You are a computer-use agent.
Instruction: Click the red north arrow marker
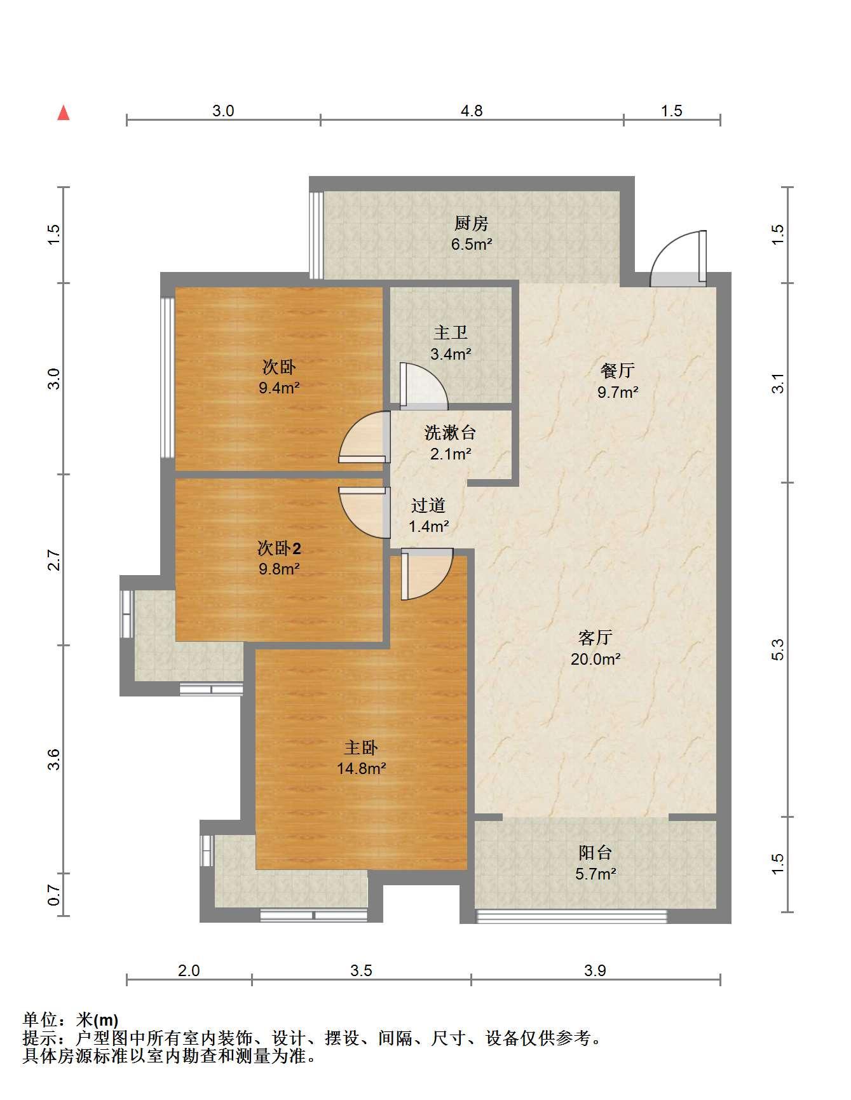[63, 113]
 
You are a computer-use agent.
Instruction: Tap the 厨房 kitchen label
[471, 224]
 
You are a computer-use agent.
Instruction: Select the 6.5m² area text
[472, 244]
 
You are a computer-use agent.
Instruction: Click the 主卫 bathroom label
[451, 333]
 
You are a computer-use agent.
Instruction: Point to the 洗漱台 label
[450, 433]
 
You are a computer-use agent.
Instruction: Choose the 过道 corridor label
[428, 506]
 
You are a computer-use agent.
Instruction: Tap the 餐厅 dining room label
[618, 370]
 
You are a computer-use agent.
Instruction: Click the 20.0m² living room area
[596, 659]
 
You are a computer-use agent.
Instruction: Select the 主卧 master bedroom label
[361, 747]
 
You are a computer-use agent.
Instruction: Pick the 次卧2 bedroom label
[279, 548]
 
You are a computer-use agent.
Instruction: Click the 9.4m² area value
[279, 388]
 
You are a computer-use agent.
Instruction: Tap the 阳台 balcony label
[596, 853]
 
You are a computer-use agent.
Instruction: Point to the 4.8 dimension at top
[472, 111]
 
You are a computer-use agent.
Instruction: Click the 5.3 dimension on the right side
[779, 649]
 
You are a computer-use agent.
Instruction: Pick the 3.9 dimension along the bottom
[596, 970]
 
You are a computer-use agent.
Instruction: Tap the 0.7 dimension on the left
[54, 897]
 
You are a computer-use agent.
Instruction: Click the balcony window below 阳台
[571, 916]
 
